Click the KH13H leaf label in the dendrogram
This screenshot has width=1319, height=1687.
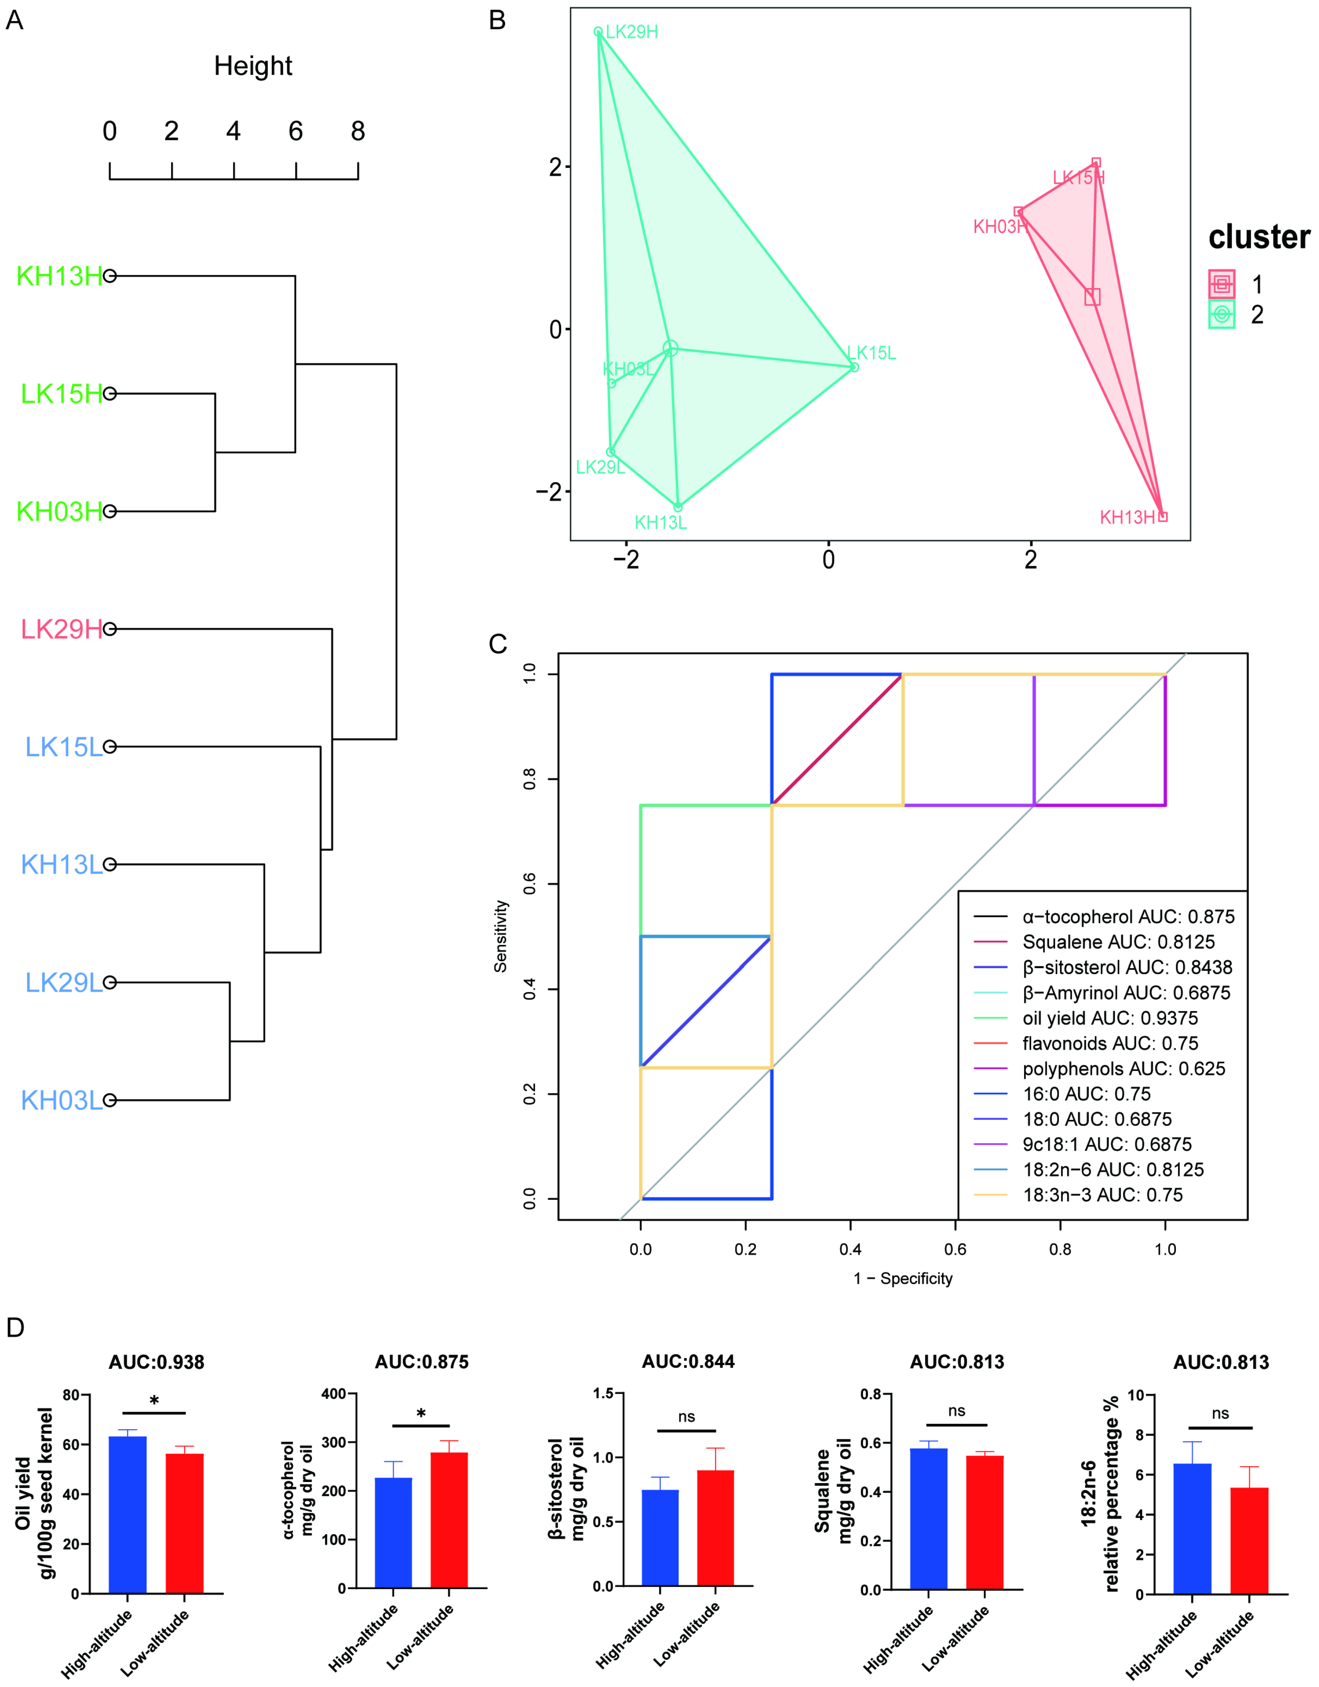pos(60,276)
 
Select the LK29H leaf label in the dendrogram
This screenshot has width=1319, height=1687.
pos(62,630)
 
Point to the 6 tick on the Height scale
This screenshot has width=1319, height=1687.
pos(296,131)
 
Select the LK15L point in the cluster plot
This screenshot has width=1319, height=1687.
pos(854,367)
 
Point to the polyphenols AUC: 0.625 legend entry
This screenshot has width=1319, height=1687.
pos(1124,1069)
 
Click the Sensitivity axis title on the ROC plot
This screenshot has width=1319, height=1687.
pos(501,936)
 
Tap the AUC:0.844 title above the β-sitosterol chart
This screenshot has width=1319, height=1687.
pos(688,1362)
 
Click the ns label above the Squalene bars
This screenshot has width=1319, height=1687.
pos(957,1411)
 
